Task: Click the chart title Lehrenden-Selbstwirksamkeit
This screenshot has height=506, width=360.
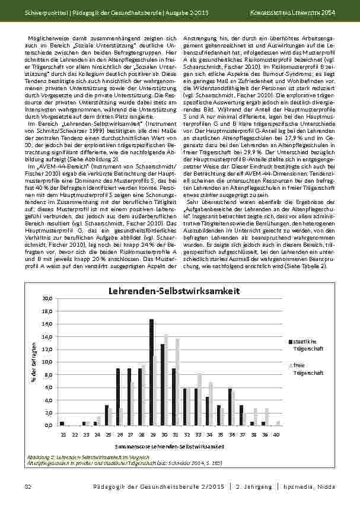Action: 173,291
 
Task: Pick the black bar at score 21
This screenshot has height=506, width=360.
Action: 62,424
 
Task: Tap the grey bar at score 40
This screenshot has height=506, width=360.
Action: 278,424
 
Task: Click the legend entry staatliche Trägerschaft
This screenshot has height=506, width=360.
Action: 305,345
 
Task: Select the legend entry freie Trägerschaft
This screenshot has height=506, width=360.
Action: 305,369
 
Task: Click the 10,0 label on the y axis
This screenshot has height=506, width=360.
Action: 47,362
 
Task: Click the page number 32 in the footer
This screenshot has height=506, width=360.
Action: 27,486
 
